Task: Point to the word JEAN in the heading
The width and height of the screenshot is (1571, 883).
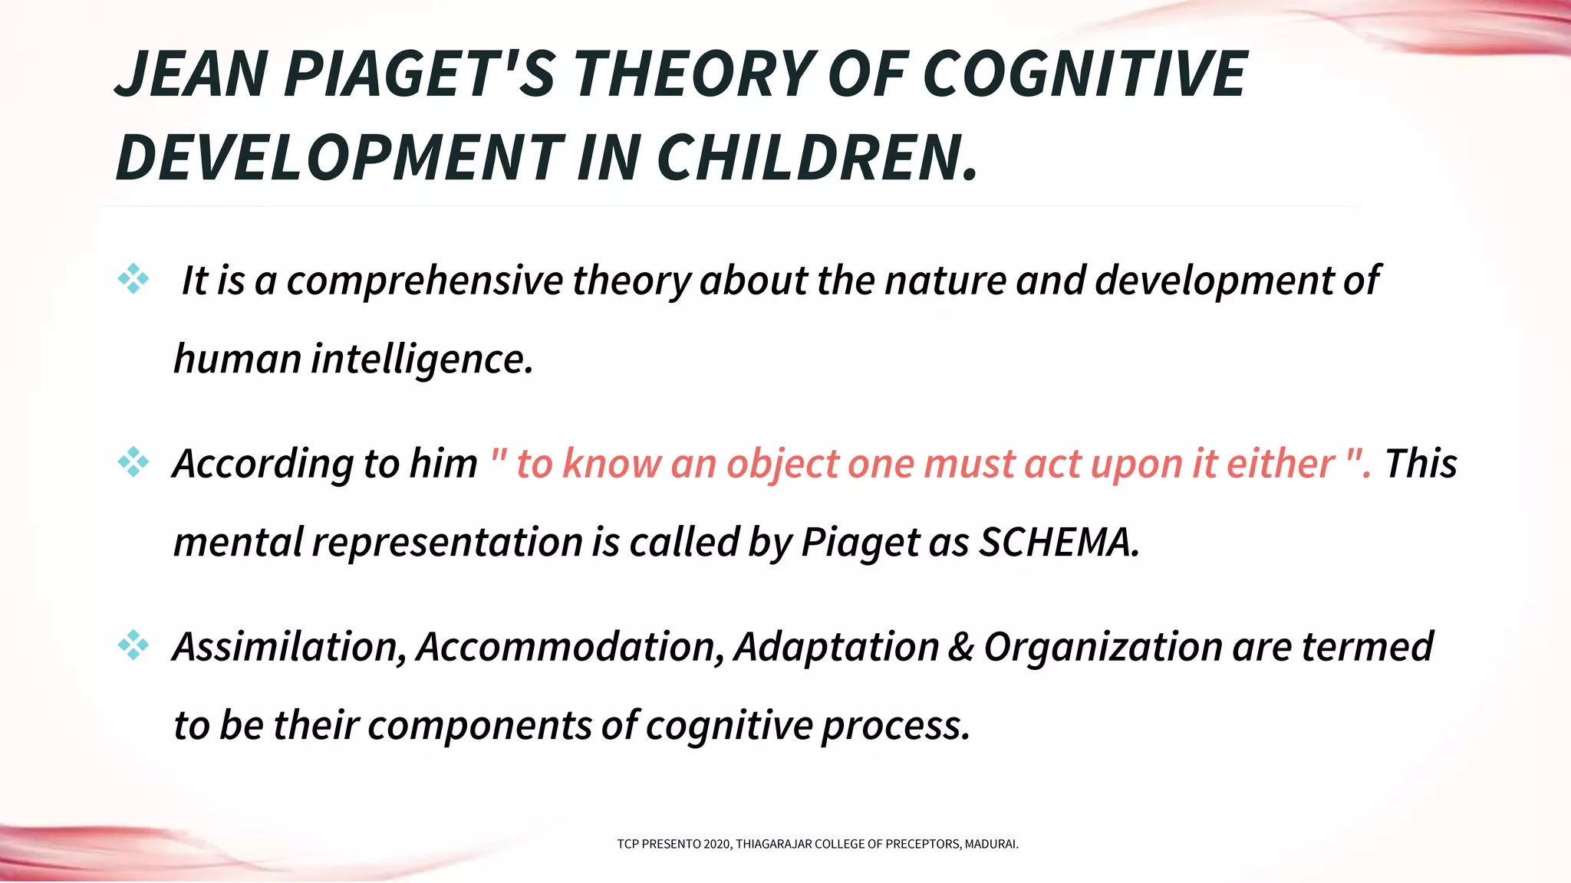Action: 192,74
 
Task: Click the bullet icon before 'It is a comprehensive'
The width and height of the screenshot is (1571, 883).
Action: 133,279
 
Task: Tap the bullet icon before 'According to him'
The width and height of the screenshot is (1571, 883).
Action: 133,462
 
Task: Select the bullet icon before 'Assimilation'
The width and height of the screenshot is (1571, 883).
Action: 133,645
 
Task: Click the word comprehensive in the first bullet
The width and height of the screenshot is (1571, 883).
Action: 424,281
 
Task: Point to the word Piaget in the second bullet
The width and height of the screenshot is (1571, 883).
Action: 860,543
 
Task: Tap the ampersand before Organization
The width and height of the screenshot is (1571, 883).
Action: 960,647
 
